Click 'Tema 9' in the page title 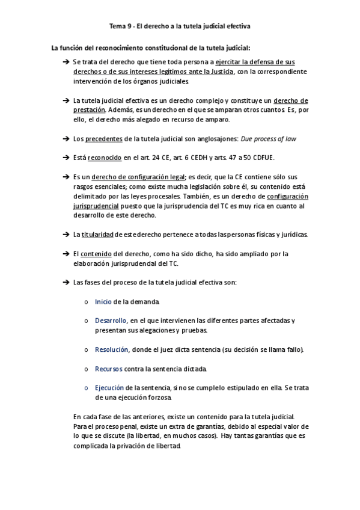[x=118, y=26]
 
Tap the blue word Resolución [x=112, y=349]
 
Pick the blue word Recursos [x=109, y=368]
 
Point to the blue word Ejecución [x=109, y=388]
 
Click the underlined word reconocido [x=105, y=158]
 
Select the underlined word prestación [x=89, y=109]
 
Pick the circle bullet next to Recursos [x=88, y=369]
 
